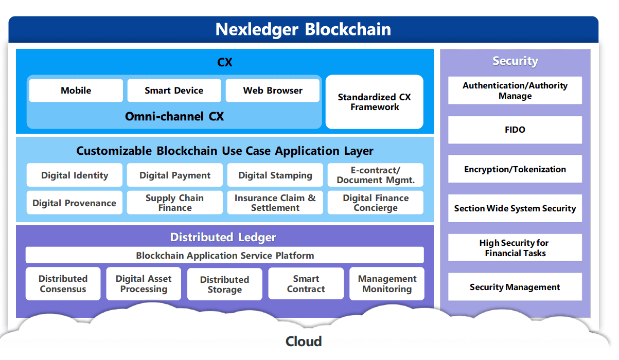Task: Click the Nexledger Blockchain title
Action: [303, 29]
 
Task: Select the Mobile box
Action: [76, 91]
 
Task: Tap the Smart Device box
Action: [174, 91]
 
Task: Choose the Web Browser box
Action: [273, 91]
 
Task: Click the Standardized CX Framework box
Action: [374, 102]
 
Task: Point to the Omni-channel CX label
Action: [174, 117]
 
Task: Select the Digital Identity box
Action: [75, 175]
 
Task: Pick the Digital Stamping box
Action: [275, 175]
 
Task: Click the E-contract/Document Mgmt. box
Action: [375, 175]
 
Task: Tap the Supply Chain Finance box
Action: [174, 203]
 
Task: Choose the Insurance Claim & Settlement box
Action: [275, 203]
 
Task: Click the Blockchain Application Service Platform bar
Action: [225, 255]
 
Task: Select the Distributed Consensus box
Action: [63, 284]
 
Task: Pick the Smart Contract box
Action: [306, 284]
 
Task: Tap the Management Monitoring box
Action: [387, 284]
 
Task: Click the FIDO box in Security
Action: [515, 130]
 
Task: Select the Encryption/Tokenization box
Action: [515, 169]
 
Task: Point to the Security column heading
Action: [515, 61]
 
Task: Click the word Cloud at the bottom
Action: [304, 341]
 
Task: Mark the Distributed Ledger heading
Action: [223, 237]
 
